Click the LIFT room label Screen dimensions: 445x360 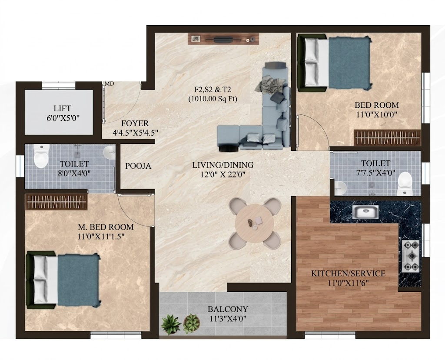tap(63, 108)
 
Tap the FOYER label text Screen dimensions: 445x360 tap(135, 123)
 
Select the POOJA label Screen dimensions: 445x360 tap(138, 166)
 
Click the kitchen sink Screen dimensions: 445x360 tap(365, 212)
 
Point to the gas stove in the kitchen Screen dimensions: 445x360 tap(411, 256)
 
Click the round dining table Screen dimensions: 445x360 tap(255, 223)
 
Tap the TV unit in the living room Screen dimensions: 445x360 tap(223, 39)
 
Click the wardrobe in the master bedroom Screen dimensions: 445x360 tap(56, 202)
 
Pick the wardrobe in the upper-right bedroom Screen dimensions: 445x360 tap(387, 138)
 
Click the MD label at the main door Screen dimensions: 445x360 tap(110, 84)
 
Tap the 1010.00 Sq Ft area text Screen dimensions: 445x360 tap(213, 99)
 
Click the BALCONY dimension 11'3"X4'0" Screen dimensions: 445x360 tap(228, 318)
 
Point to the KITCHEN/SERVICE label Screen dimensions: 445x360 tap(348, 273)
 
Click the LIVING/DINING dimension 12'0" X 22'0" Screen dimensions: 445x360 tap(223, 174)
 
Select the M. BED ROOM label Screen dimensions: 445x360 tap(106, 227)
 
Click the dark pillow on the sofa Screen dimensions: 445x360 tap(278, 98)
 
